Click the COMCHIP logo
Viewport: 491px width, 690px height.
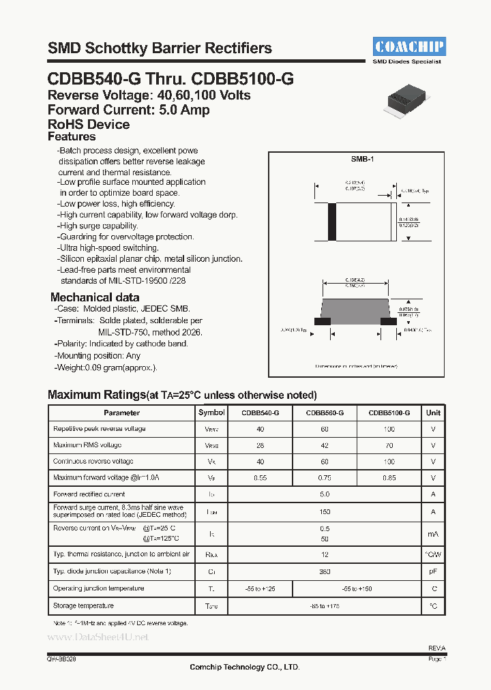[409, 46]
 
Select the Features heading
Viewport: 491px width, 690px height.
[72, 137]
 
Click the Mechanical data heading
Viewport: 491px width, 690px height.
[95, 297]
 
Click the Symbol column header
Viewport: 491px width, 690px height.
[211, 412]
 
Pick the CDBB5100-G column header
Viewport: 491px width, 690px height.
[389, 412]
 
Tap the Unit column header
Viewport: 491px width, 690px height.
[433, 412]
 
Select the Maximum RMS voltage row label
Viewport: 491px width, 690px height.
[87, 445]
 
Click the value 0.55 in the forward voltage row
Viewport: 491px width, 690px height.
[260, 478]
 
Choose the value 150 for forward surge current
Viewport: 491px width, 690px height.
[324, 511]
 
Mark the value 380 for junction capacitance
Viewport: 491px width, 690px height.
[324, 571]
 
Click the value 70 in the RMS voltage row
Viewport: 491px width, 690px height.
[389, 445]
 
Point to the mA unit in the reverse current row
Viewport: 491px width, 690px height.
[433, 534]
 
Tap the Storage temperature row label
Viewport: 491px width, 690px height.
[83, 605]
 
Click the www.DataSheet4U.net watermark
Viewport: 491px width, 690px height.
[97, 637]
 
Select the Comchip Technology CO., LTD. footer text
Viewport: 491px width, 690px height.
[244, 667]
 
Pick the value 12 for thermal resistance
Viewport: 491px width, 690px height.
[324, 554]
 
